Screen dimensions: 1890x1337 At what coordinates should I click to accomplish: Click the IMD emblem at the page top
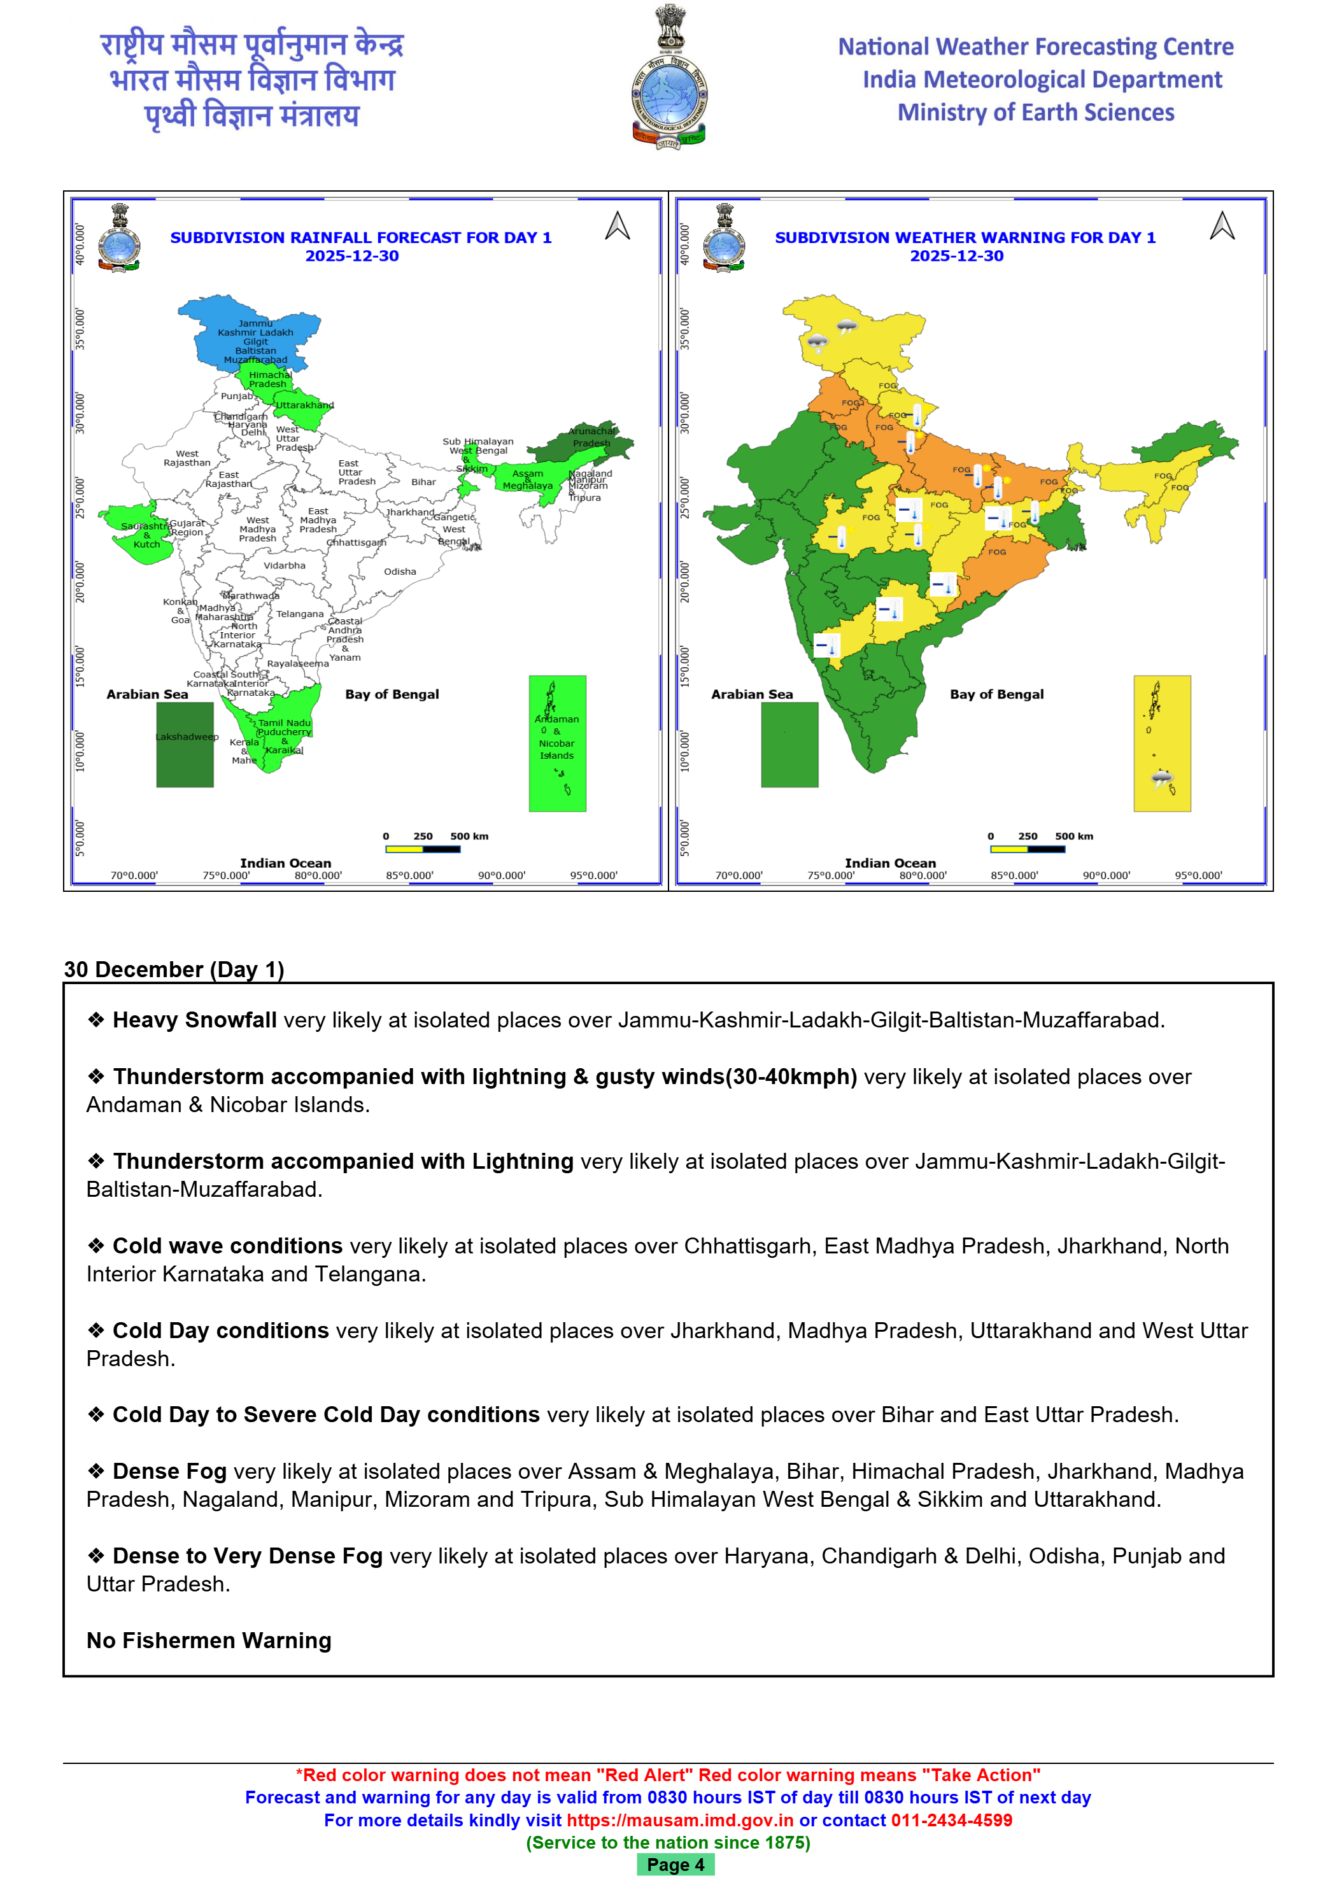(x=668, y=78)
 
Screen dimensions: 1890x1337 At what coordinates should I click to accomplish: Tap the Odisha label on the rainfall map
(x=400, y=571)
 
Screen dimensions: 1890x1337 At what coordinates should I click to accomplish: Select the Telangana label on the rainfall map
(x=300, y=614)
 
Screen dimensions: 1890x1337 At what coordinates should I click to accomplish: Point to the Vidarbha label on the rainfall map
(x=285, y=565)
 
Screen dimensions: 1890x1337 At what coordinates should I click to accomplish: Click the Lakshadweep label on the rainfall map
(x=187, y=737)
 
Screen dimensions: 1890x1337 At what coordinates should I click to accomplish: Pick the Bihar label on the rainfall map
(x=424, y=483)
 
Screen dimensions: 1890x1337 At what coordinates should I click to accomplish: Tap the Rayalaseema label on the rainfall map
(x=297, y=663)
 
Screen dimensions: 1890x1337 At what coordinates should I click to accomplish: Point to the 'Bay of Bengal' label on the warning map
(x=997, y=694)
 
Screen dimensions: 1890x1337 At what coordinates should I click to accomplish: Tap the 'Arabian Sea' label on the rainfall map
(x=147, y=694)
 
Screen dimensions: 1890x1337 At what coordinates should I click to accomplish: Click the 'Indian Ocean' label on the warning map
(x=890, y=863)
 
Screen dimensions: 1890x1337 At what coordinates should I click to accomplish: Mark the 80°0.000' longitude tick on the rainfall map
(x=318, y=876)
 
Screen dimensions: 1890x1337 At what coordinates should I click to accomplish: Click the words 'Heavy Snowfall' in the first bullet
(x=194, y=1020)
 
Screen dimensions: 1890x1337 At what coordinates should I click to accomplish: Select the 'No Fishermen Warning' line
(x=209, y=1640)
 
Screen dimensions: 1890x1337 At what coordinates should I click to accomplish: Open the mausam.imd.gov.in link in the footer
(x=680, y=1820)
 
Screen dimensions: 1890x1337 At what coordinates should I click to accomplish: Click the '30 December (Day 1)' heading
(x=174, y=969)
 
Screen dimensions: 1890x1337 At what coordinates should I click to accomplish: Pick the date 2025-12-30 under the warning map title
(x=957, y=256)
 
